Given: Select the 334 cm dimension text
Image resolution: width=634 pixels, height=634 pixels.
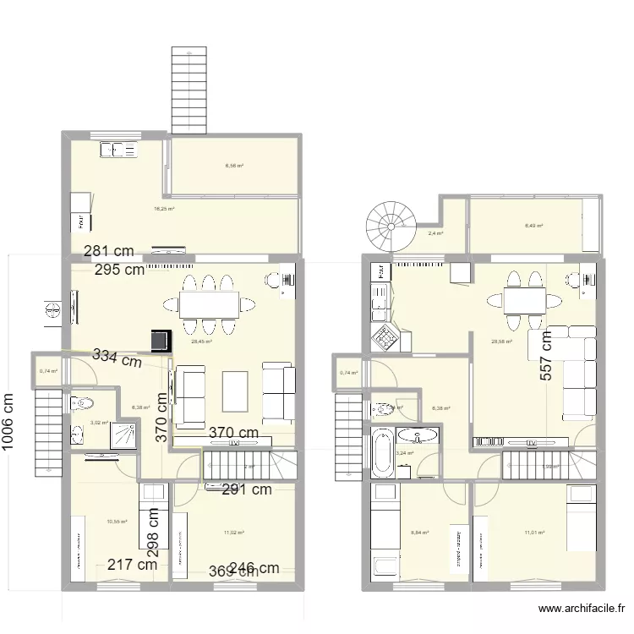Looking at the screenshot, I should pos(117,358).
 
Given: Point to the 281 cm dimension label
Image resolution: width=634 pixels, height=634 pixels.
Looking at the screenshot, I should pos(109,251).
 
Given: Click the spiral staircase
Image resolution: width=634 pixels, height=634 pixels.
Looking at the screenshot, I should pos(388,224).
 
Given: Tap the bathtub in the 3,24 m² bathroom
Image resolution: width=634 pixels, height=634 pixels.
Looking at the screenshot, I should pos(382,453).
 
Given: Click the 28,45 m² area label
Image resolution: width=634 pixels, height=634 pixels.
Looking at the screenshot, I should pos(200,342).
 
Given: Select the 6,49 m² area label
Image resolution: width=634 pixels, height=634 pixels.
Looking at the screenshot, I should pos(533,226).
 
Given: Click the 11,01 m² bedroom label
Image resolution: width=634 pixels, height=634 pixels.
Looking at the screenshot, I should pos(534,533).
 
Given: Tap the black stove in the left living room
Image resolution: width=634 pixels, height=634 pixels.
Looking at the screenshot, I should pos(159,340).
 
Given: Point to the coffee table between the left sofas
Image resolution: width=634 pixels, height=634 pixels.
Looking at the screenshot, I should pos(233,393).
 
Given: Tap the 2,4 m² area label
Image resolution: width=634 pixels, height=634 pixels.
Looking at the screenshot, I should pos(435,234).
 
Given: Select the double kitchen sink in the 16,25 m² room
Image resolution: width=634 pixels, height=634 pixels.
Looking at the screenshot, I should pos(119,150).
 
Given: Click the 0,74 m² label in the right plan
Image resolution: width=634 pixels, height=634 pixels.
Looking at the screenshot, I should pos(348,373).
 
